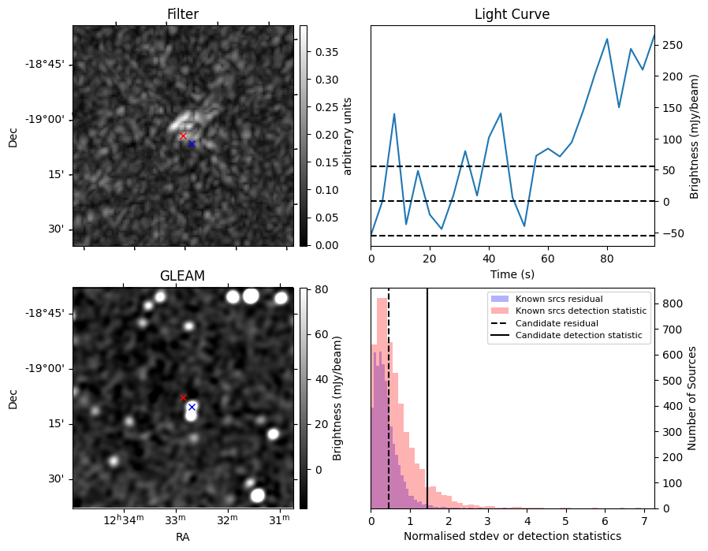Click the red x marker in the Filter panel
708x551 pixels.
tap(184, 136)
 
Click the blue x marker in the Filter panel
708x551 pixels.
tap(192, 143)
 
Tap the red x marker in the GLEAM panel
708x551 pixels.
tap(184, 398)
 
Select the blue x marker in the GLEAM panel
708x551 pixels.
tap(192, 407)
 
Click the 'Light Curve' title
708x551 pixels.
tap(512, 14)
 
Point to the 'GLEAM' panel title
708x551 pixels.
tap(182, 276)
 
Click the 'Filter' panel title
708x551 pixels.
tap(182, 14)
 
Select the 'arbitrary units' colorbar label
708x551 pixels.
tap(348, 136)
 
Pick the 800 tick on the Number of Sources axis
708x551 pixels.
tap(671, 303)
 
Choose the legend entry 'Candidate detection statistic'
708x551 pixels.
tap(578, 336)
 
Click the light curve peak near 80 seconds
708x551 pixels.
tap(607, 39)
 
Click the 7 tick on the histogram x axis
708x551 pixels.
tap(644, 520)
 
